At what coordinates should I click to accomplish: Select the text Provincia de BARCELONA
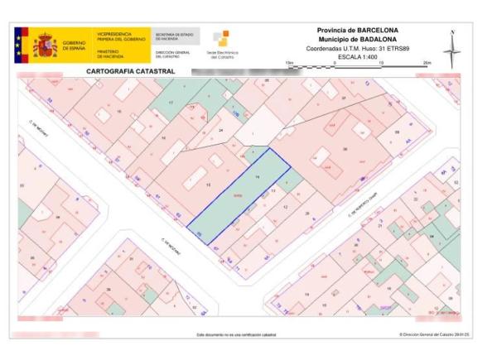pos(357,31)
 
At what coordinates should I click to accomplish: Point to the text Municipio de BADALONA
pos(357,38)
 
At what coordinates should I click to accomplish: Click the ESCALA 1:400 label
pos(357,57)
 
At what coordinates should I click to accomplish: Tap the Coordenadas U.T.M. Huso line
pos(357,48)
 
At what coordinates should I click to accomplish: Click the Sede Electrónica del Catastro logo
pos(222,45)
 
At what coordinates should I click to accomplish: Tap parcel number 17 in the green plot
pos(171,102)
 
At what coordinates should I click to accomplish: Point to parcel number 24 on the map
pos(220,131)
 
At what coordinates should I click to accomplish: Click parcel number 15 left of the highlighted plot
pos(208,184)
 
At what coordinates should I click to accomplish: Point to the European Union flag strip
pos(19,45)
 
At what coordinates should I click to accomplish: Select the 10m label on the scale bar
pos(380,63)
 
